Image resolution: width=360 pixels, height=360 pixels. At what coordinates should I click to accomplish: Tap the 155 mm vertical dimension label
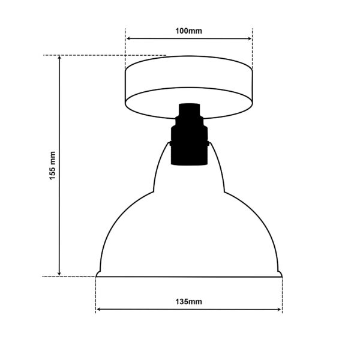pyautogui.click(x=53, y=166)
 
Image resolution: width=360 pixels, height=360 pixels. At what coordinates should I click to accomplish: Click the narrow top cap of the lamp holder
pyautogui.click(x=188, y=110)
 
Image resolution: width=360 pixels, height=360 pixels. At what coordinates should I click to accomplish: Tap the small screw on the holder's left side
pyautogui.click(x=170, y=144)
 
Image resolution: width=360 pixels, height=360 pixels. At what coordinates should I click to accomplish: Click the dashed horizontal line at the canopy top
pyautogui.click(x=102, y=55)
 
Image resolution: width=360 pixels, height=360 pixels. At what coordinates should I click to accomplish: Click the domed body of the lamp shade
pyautogui.click(x=189, y=234)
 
